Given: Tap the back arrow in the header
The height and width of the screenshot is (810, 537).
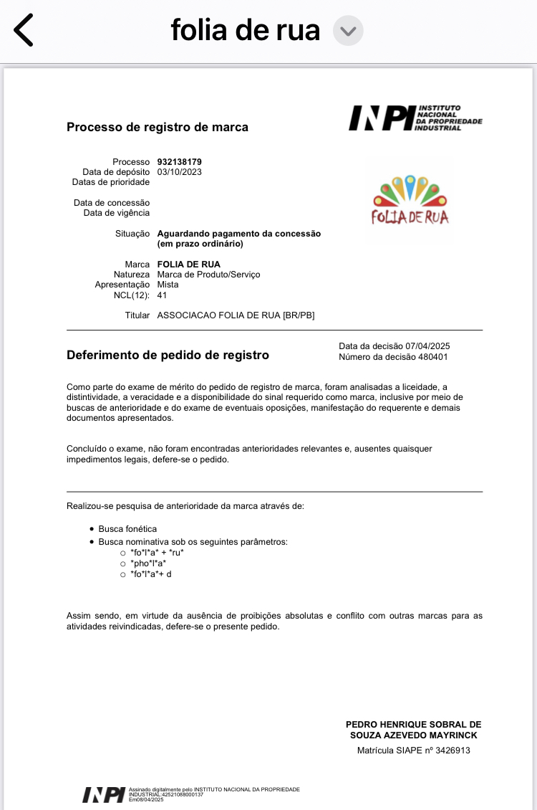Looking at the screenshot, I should (24, 30).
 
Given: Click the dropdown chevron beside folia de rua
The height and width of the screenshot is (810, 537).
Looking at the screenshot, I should (348, 31).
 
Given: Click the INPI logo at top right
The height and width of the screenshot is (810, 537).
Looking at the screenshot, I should (415, 118).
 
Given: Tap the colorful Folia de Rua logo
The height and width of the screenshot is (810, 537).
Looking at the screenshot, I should (410, 200).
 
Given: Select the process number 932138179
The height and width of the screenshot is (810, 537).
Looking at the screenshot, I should (179, 162).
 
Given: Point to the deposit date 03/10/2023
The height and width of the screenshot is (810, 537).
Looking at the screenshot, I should (179, 172).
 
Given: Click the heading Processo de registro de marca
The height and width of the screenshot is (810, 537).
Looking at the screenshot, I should (158, 128).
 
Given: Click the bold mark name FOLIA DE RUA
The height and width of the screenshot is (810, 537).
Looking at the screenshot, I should (188, 265).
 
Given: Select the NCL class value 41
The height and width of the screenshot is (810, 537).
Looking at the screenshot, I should (163, 295).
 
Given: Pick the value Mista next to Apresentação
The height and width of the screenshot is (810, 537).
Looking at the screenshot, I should (168, 285).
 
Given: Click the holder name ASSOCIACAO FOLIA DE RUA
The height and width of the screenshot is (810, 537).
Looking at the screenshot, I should (236, 315).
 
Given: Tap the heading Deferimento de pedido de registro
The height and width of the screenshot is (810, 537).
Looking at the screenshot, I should (168, 355).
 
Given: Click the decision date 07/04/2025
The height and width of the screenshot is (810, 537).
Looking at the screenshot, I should (427, 346).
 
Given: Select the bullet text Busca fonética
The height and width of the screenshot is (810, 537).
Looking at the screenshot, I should (127, 529).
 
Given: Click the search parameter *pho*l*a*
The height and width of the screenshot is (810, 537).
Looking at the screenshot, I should (148, 563).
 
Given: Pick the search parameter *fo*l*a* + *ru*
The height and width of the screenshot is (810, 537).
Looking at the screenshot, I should (157, 553).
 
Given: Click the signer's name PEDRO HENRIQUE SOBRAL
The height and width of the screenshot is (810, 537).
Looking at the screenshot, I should (413, 725).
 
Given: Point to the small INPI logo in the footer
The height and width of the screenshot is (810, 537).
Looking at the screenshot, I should (104, 794).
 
